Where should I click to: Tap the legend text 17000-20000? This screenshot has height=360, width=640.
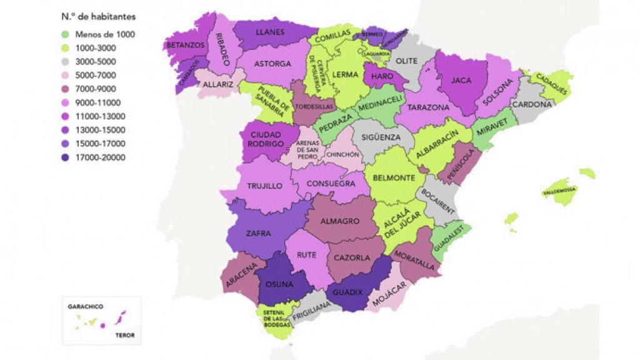99,157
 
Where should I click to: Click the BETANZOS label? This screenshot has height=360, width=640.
184,45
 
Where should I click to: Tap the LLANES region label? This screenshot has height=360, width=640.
271,32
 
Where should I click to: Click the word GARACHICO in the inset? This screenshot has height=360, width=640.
86,307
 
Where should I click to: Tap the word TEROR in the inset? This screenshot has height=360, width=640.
125,335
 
